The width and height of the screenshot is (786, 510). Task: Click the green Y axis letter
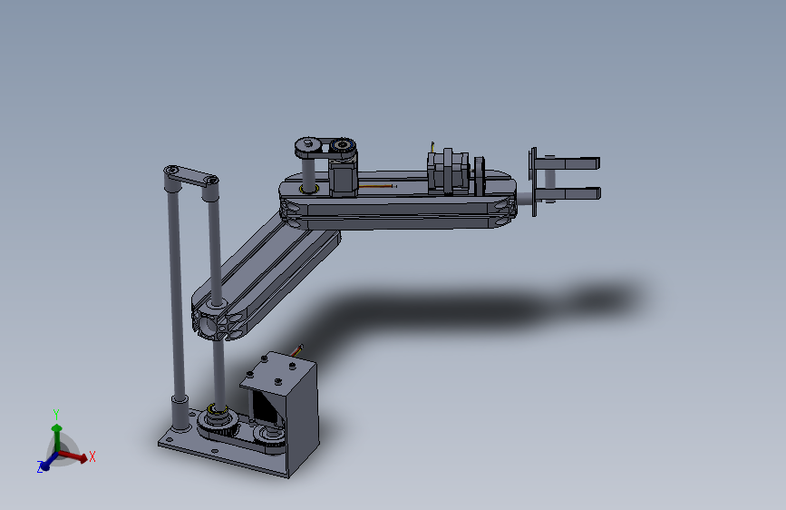(x=56, y=414)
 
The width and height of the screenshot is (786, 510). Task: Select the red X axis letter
(x=92, y=456)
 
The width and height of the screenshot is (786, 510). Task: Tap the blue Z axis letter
(x=41, y=466)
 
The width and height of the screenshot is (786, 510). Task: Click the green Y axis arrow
(x=57, y=431)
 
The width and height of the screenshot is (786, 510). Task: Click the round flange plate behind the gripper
(x=533, y=181)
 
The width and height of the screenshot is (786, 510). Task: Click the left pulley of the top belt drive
(x=306, y=145)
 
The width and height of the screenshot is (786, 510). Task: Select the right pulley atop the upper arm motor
(x=343, y=145)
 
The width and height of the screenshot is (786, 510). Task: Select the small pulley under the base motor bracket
(x=271, y=436)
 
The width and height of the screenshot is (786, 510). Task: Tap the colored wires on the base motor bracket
(x=297, y=349)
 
